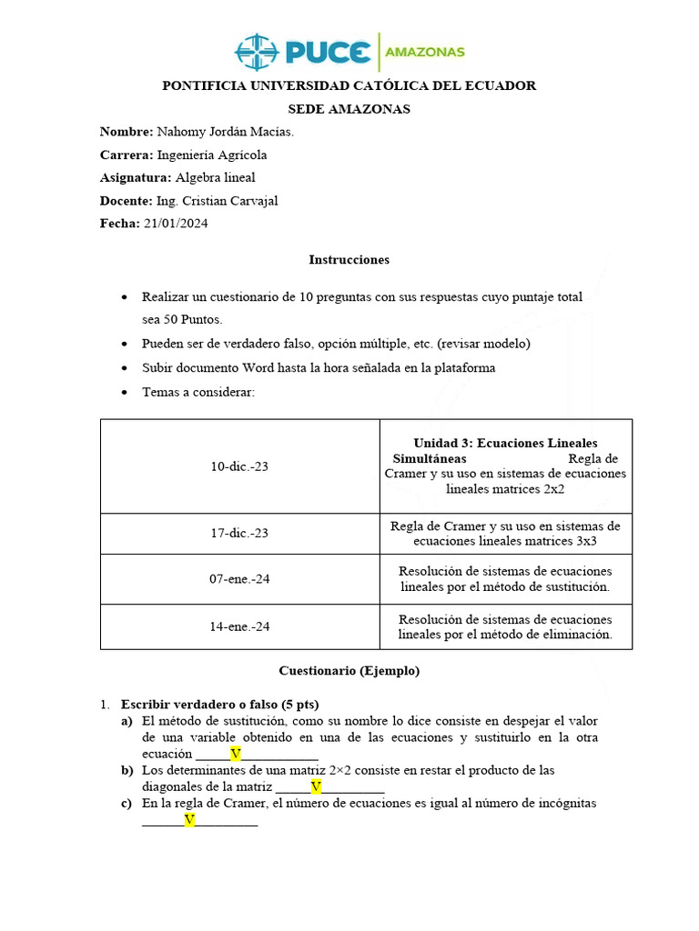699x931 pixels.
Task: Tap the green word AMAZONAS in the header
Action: (x=425, y=52)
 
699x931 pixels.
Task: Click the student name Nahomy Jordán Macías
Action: (x=226, y=132)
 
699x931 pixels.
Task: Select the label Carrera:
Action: (x=127, y=155)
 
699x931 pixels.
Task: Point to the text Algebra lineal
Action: (x=215, y=177)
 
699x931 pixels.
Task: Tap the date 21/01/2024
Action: (x=176, y=224)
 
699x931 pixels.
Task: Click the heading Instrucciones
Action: (x=349, y=259)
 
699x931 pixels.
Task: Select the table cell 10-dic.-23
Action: (x=239, y=466)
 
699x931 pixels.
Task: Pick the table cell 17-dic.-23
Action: (x=239, y=534)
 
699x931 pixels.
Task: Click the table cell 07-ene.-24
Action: (x=239, y=579)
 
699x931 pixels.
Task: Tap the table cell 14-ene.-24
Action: (x=239, y=626)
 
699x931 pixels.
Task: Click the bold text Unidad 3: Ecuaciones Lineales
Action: (x=505, y=443)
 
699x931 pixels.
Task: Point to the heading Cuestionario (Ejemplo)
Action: (x=349, y=671)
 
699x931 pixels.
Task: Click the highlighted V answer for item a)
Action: (x=235, y=754)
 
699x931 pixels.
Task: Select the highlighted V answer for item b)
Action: (x=316, y=786)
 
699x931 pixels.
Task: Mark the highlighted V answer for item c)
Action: (x=189, y=820)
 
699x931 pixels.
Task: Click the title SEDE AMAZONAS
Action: (x=349, y=109)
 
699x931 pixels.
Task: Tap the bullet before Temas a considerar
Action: (x=125, y=392)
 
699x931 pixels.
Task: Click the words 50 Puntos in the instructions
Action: (x=188, y=319)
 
